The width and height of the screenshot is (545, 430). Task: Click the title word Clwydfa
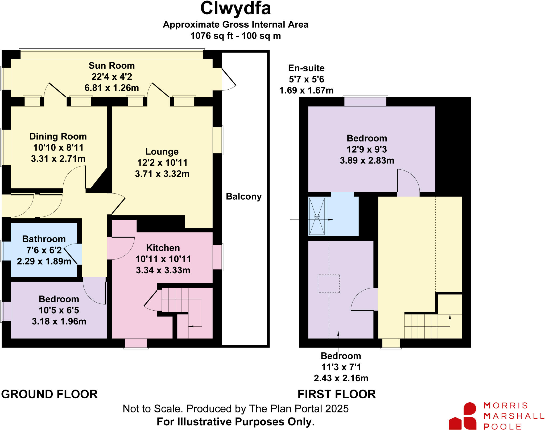235,9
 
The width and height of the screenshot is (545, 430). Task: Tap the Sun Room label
112,66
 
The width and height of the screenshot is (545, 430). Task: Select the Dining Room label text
58,136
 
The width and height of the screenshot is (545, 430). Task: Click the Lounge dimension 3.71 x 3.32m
162,174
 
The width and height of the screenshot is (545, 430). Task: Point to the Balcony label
243,197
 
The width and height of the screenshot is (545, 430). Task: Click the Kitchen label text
163,248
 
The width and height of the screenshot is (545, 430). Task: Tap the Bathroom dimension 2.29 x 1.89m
44,261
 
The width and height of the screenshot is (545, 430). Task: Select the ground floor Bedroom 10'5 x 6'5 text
59,310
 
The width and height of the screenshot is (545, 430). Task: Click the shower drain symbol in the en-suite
317,216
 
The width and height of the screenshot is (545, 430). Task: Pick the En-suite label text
306,68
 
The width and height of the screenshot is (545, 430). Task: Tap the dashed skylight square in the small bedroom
329,284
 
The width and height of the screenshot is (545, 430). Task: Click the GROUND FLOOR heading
49,394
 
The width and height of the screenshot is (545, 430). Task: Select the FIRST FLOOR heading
337,394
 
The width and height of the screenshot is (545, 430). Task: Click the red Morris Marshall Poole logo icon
463,416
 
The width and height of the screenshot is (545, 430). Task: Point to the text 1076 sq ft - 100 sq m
235,36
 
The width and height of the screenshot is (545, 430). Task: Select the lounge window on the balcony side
218,140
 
